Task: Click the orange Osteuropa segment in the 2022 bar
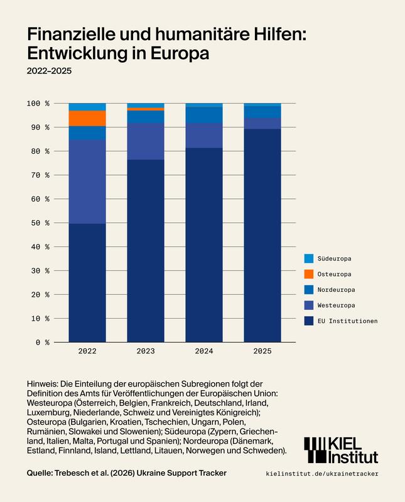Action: tap(87, 118)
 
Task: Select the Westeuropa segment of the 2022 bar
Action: tap(87, 181)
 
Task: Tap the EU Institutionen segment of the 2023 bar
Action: tap(146, 251)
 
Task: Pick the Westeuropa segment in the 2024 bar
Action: tap(204, 136)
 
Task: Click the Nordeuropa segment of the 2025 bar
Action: tap(262, 112)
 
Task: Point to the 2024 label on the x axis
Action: tap(204, 351)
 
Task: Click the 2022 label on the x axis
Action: tap(87, 351)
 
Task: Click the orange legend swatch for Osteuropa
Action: tap(308, 274)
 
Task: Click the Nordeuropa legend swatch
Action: tap(308, 290)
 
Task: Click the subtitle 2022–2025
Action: tap(49, 71)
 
